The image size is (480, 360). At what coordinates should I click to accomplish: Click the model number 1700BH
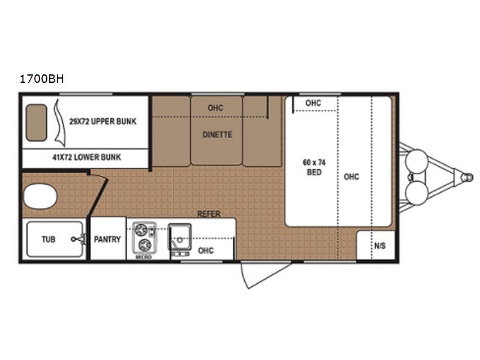41,79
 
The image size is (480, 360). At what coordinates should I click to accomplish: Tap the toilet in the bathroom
40,196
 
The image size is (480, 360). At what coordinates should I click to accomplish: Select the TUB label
49,239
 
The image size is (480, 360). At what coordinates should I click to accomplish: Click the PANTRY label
107,239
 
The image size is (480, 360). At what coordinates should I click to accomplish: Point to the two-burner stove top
144,238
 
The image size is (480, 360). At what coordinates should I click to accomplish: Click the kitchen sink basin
180,236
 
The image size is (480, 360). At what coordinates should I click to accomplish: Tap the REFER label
209,214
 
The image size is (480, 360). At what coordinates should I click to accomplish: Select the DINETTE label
217,134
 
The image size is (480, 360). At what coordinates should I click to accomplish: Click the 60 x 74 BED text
314,167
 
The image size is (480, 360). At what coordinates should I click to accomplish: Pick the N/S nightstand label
380,246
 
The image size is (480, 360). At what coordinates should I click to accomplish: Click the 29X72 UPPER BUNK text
103,122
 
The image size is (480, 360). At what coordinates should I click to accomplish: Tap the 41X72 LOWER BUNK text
87,157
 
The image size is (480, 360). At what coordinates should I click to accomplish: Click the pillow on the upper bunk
37,123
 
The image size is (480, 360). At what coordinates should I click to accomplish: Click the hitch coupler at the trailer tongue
467,177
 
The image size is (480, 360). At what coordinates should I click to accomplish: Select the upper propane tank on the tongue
416,161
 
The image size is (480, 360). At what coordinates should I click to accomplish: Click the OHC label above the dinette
215,108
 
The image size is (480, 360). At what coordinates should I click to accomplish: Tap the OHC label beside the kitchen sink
206,251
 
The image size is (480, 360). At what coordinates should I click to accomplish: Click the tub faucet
79,239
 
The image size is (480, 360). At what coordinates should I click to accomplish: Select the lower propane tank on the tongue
416,193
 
